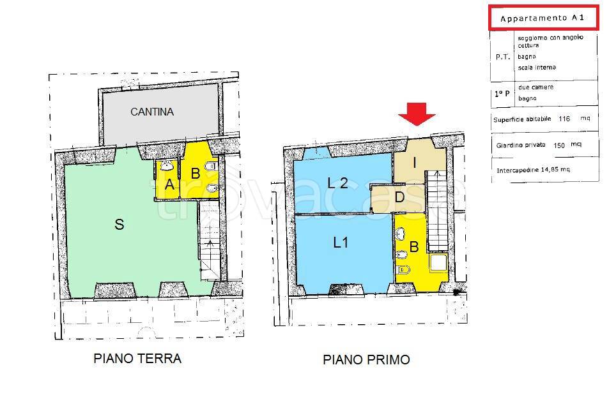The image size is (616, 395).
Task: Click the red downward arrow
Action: tap(417, 114)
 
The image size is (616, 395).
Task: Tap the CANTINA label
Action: tap(152, 112)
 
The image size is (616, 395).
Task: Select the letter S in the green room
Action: tap(119, 225)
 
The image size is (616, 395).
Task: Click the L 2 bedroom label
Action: tap(337, 183)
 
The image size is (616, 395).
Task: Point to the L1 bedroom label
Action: tap(341, 242)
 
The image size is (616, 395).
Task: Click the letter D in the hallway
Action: tap(399, 197)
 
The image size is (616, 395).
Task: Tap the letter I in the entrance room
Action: tap(415, 162)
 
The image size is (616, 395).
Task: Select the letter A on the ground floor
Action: tap(169, 184)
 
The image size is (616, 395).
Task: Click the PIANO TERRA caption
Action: tap(137, 359)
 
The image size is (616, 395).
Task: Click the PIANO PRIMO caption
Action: tap(367, 360)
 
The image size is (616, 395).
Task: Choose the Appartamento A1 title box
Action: tap(544, 18)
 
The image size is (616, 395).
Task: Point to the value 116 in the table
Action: tap(564, 119)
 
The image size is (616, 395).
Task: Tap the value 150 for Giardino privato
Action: tap(559, 145)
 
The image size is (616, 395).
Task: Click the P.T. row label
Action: tap(502, 57)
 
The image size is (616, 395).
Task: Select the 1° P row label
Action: tap(502, 94)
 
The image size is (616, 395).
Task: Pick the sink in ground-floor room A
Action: tap(167, 167)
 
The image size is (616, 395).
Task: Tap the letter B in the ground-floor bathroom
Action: tap(196, 174)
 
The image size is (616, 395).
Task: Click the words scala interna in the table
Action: tap(537, 68)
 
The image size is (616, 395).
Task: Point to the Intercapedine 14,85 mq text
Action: tap(533, 170)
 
